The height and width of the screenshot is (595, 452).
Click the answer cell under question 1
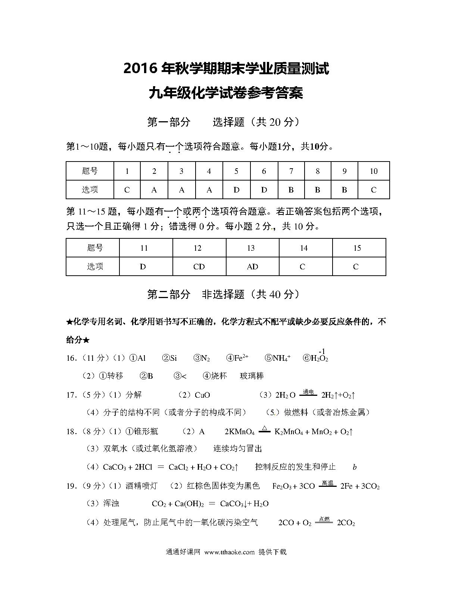coord(127,190)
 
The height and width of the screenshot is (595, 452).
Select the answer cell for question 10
coord(374,190)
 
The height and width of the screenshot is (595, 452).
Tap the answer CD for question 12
coord(199,267)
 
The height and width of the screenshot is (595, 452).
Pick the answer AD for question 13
coord(252,267)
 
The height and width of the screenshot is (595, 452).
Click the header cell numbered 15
coord(357,248)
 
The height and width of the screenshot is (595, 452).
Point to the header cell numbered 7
coord(291,171)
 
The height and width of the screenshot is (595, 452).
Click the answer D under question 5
coord(236,190)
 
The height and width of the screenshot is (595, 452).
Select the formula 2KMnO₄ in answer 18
coord(239,432)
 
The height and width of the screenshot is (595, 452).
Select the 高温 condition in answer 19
coord(327,483)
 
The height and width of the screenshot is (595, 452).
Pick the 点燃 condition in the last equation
coord(324,519)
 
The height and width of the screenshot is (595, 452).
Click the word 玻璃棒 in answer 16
coord(252,376)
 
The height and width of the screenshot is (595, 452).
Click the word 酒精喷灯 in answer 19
coord(141,486)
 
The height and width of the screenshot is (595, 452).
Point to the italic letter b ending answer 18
coord(354,467)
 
